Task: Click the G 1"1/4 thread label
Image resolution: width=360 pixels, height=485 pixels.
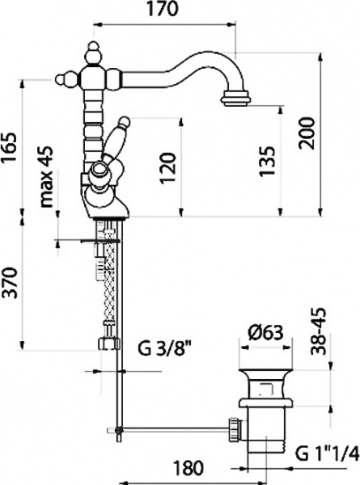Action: [x=326, y=451]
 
